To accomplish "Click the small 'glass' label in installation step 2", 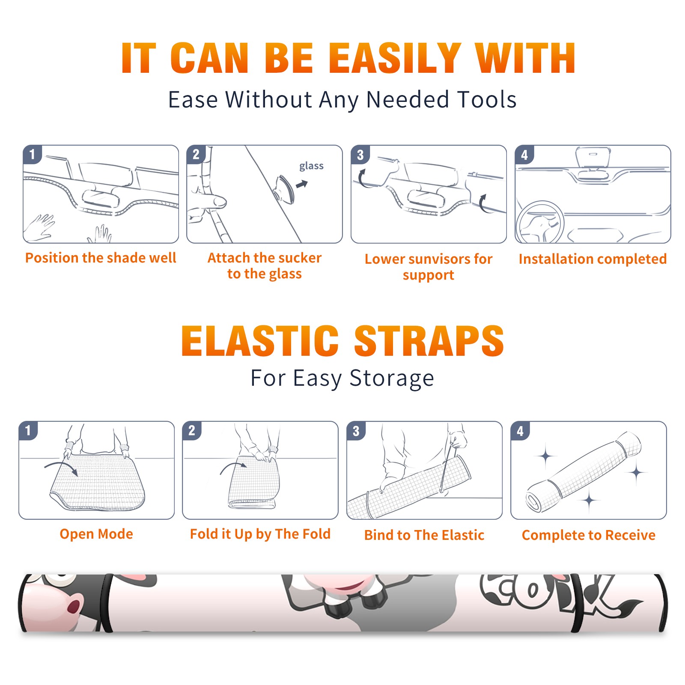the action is click(x=311, y=166).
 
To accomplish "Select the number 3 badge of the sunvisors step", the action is click(x=360, y=155).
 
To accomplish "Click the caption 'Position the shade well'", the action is click(x=101, y=258).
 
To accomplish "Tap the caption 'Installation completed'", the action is click(x=593, y=259).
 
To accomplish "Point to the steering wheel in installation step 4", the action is click(x=540, y=222).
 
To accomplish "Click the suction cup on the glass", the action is click(x=283, y=188).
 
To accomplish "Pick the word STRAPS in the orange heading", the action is click(x=429, y=341).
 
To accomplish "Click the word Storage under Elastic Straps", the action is click(x=392, y=378).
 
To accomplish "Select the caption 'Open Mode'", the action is click(x=96, y=534).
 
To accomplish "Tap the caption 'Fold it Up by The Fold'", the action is click(x=260, y=534).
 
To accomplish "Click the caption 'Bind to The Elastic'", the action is click(x=424, y=535).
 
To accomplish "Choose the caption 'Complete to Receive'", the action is click(x=589, y=535).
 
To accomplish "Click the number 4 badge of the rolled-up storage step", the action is click(x=520, y=431).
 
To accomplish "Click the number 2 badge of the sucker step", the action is click(x=196, y=155).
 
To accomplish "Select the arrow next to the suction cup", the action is click(x=302, y=185).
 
